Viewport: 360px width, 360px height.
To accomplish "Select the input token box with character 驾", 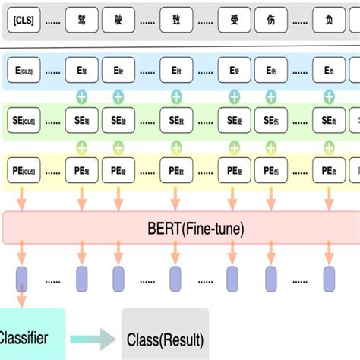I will [x=82, y=21].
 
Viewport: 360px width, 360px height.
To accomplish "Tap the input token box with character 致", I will [x=176, y=21].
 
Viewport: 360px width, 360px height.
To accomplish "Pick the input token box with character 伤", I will [x=271, y=21].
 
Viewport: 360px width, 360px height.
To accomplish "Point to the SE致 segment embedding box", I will [x=176, y=120].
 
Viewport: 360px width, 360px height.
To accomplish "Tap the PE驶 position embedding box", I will [x=118, y=171].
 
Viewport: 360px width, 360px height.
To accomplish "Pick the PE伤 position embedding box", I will [x=271, y=171].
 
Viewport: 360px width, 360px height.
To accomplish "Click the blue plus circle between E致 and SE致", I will [x=176, y=96].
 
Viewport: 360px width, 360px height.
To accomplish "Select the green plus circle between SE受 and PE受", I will [x=234, y=146].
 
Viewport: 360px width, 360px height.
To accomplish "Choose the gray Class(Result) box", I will [x=165, y=333].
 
